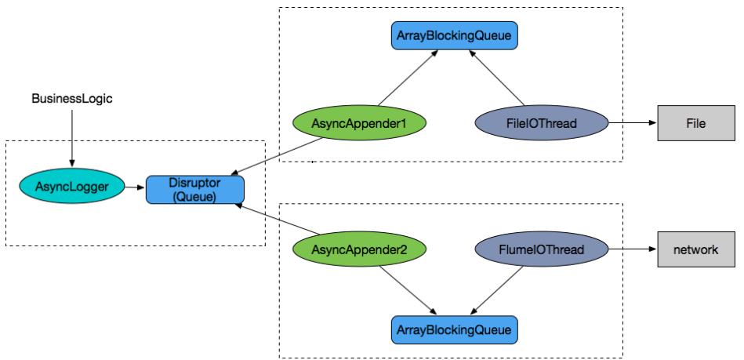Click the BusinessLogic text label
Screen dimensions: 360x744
[72, 99]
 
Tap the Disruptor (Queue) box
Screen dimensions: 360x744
[195, 190]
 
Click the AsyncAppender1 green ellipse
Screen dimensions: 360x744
[359, 123]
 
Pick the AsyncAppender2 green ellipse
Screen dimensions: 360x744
[359, 249]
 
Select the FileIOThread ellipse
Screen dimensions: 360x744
[542, 123]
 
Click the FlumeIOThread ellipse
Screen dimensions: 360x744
[542, 249]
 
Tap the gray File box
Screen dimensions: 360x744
[695, 123]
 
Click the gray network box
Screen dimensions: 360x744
[695, 249]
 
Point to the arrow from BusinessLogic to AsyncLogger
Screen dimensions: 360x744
[72, 137]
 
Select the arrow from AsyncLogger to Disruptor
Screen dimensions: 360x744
[136, 187]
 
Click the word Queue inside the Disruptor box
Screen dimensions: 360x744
[195, 197]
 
